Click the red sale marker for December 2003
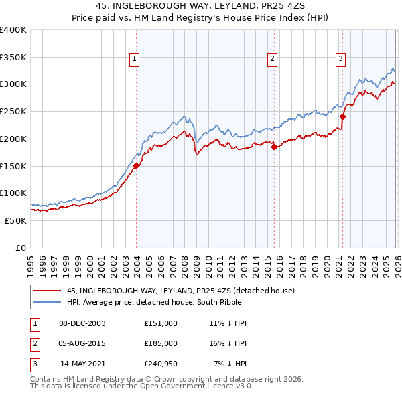point(136,165)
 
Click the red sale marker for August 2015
point(274,147)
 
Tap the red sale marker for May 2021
point(342,116)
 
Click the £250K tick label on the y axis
point(13,112)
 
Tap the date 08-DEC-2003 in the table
point(82,323)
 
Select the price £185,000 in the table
point(161,343)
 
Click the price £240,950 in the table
point(161,364)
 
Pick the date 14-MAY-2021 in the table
point(82,364)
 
